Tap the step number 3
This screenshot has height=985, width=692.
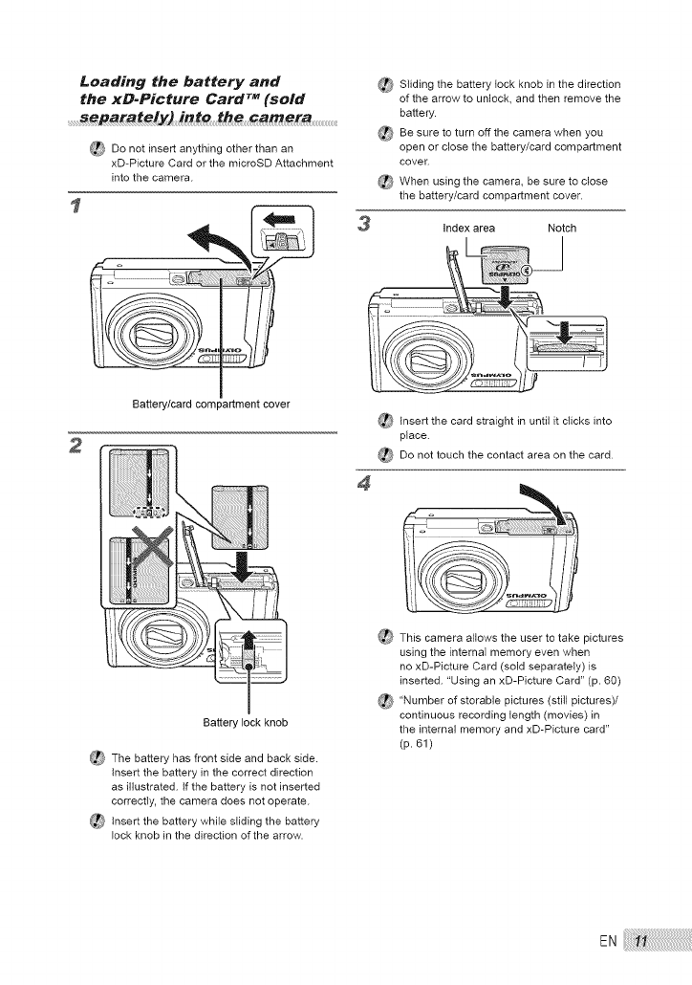[363, 228]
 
